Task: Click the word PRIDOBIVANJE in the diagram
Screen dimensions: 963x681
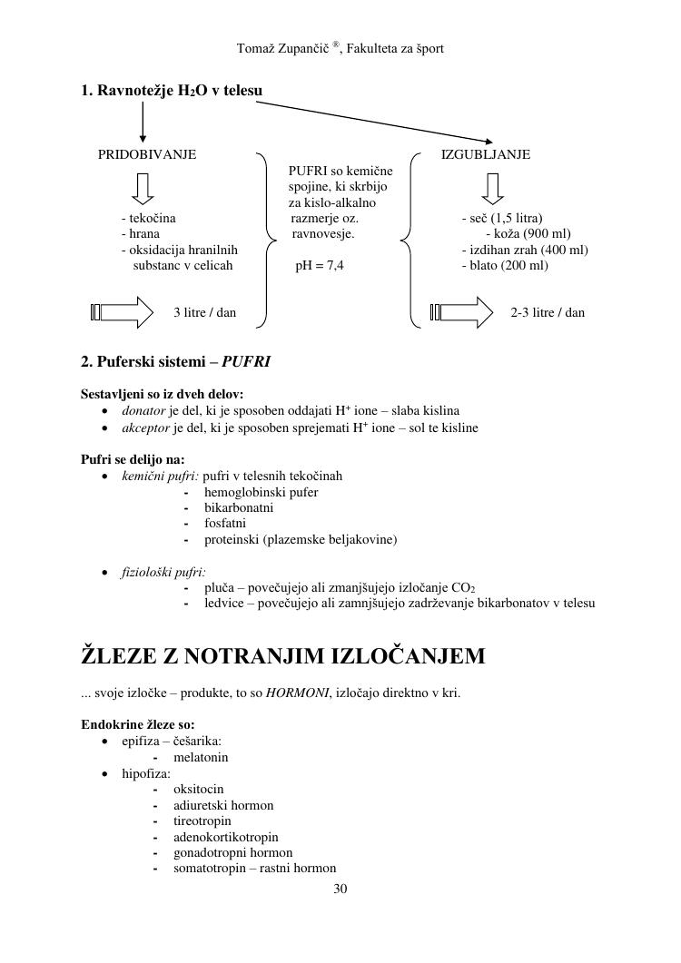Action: [146, 154]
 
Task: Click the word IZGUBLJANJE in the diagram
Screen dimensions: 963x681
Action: [486, 154]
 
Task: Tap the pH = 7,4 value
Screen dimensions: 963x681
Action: [320, 266]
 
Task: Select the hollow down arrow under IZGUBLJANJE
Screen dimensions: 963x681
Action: [492, 188]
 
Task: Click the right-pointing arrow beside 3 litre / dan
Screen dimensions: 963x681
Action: [123, 312]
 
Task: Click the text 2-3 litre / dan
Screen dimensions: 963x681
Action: [548, 312]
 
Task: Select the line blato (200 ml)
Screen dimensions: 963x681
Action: [505, 266]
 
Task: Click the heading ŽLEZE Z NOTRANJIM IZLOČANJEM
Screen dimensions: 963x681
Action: [283, 655]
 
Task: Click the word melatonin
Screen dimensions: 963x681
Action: [201, 757]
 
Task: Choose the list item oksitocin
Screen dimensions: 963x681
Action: [198, 789]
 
